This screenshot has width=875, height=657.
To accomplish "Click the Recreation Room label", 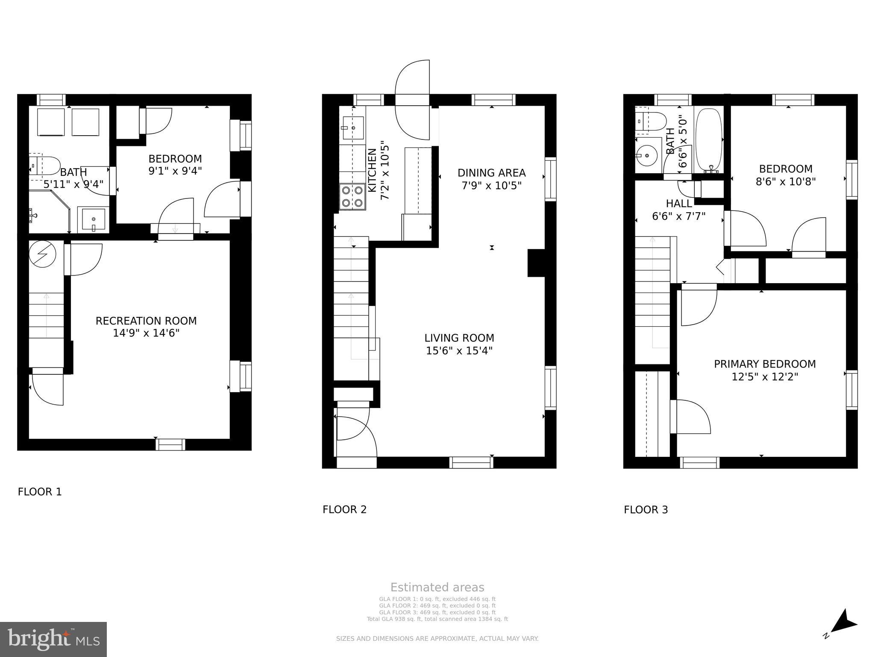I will [x=146, y=321].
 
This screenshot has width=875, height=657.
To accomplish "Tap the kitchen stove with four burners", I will [x=352, y=196].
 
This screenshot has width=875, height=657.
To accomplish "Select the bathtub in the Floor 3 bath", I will [x=709, y=139].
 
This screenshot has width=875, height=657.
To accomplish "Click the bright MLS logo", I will [x=53, y=639].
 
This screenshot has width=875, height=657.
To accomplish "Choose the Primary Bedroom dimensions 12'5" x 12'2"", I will [x=765, y=377].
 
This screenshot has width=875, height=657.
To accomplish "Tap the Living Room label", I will [x=459, y=338].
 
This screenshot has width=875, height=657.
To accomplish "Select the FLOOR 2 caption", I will [x=344, y=509].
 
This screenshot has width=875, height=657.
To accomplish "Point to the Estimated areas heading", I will [x=437, y=587].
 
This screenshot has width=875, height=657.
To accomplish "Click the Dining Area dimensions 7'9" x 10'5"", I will [x=491, y=186].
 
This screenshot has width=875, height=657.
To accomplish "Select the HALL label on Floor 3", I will [x=678, y=204].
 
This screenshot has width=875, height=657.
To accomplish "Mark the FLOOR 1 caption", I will [x=40, y=492].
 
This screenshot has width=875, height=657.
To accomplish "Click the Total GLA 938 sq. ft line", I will [x=437, y=619].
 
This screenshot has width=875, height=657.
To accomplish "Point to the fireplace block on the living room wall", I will [x=537, y=263].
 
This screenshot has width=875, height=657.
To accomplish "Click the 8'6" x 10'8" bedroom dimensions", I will [x=786, y=181].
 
